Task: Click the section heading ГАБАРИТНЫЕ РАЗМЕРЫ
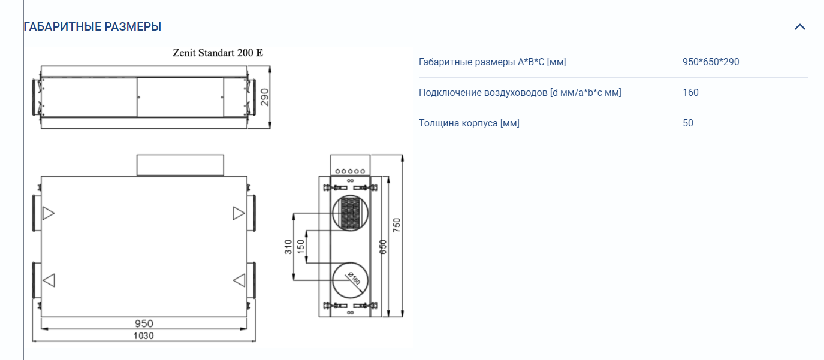(92, 26)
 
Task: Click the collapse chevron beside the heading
(799, 27)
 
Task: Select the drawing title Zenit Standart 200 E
(218, 53)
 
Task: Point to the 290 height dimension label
(264, 97)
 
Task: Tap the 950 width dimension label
(144, 323)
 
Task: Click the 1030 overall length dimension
(143, 335)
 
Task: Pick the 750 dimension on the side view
(396, 225)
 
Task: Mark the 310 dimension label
(288, 247)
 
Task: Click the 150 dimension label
(301, 247)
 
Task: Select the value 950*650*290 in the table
(711, 62)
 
